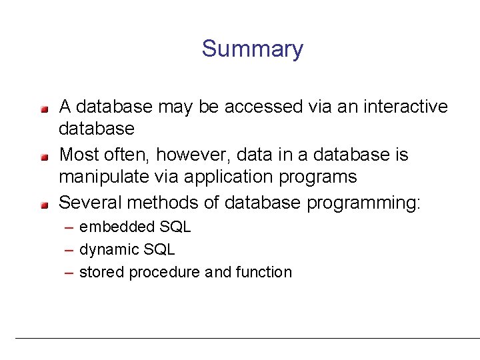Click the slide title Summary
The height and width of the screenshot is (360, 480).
click(x=252, y=49)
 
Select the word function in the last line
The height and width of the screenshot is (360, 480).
click(x=263, y=272)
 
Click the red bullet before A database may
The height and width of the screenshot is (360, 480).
click(x=44, y=107)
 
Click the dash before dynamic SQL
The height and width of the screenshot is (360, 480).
click(x=69, y=250)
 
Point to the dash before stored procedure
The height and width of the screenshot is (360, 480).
click(x=69, y=272)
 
